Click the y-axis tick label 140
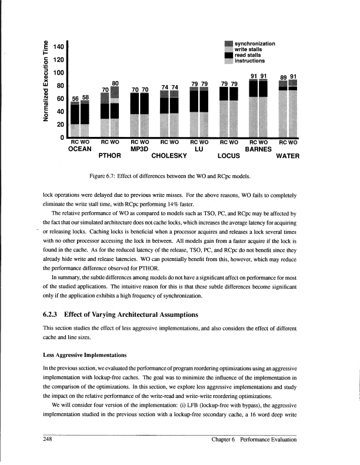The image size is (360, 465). [x=58, y=46]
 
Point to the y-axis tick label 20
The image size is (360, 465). [x=59, y=125]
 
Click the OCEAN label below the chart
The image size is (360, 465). [x=79, y=149]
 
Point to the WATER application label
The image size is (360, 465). [x=288, y=156]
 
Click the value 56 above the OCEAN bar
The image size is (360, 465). [x=75, y=98]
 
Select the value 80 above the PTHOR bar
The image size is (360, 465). [x=116, y=83]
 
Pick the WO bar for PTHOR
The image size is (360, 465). [x=115, y=112]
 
